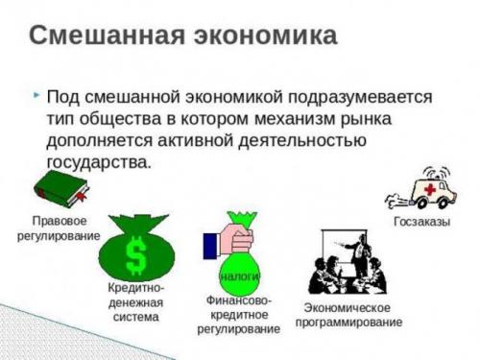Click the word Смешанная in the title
(104, 36)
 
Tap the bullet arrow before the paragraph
(36, 96)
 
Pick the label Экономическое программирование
(347, 314)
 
